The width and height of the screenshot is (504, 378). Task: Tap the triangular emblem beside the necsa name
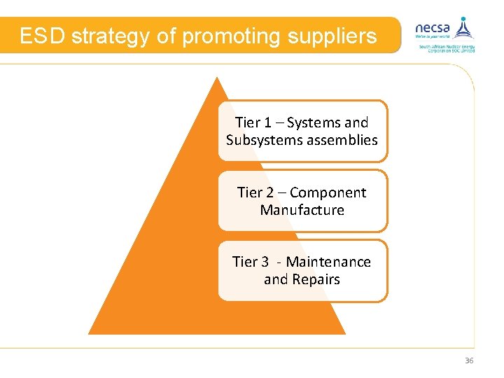[463, 27]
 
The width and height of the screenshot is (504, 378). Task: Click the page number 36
[469, 360]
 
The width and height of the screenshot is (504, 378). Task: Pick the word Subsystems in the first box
[261, 140]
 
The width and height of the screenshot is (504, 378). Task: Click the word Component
[328, 192]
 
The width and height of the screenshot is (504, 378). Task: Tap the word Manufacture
[302, 210]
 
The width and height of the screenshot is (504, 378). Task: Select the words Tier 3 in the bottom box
[251, 262]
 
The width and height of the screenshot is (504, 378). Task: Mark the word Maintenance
[328, 262]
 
